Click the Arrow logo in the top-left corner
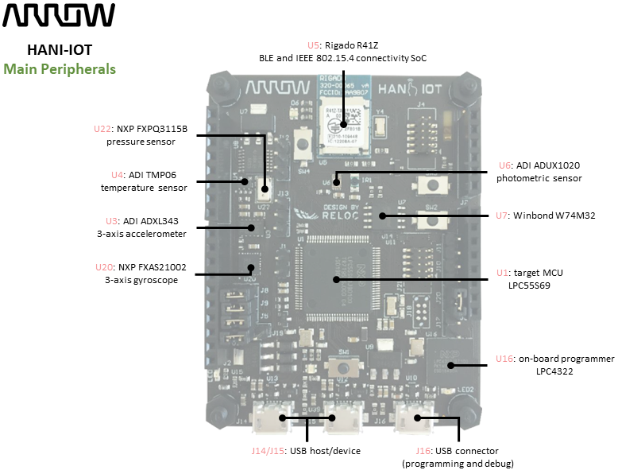click(60, 16)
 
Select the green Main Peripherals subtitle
click(60, 69)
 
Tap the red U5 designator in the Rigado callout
click(313, 45)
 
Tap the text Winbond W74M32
click(554, 215)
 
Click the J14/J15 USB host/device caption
click(305, 451)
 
